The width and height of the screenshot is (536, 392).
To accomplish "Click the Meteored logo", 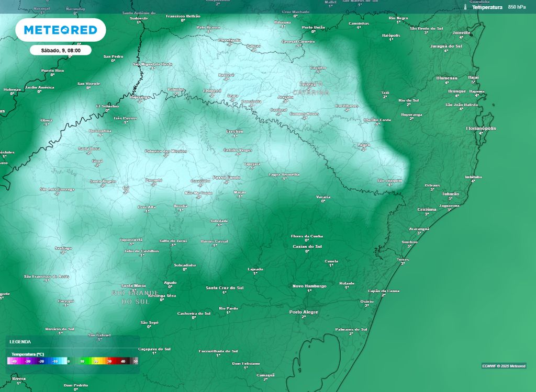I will [61, 30].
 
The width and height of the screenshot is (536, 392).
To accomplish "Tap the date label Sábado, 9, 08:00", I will [60, 51].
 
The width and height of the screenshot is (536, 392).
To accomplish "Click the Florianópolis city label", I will [481, 128].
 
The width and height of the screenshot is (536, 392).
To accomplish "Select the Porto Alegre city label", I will [304, 312].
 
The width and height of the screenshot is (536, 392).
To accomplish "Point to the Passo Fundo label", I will [227, 178].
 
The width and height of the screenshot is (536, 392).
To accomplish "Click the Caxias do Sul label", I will [307, 246].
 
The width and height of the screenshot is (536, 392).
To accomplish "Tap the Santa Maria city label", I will [133, 285].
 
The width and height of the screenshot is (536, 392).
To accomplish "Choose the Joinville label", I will [461, 32].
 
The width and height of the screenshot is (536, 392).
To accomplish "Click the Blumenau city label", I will [446, 78].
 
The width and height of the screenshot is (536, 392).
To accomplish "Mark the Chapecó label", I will [212, 90].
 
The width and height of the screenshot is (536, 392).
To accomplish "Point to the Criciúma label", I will [427, 209].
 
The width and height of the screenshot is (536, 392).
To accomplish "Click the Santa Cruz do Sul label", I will [225, 287].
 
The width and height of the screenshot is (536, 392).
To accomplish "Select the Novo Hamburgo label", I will [309, 286].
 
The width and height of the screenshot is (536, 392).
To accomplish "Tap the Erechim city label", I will [234, 131].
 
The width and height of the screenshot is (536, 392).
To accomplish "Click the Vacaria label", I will [323, 197].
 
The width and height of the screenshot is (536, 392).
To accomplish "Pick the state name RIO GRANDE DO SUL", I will [135, 297].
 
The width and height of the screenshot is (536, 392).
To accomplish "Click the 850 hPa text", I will [517, 7].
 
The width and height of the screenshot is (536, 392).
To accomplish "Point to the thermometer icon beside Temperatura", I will [465, 7].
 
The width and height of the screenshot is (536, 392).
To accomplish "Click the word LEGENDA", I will [20, 341].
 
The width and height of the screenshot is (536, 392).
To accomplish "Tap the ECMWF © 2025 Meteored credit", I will [504, 366].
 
